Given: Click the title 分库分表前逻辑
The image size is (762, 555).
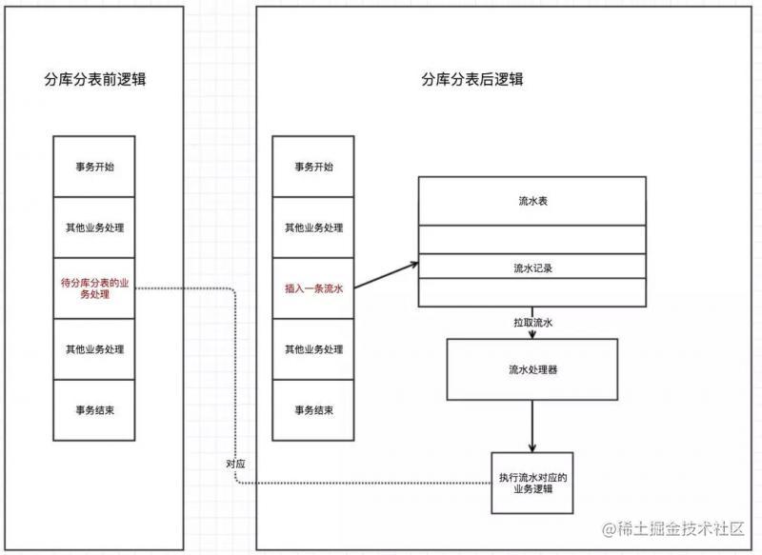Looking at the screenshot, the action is coord(94,79).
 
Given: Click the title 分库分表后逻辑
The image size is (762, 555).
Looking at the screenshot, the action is coord(471,79).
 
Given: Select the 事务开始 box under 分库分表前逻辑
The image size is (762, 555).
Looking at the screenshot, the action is coord(94,167).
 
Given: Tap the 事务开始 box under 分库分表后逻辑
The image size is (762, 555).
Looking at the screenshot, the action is coord(313,167).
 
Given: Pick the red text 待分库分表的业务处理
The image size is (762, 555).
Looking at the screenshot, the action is coord(94,288).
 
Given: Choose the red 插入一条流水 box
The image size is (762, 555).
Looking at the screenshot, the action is coord(313,288).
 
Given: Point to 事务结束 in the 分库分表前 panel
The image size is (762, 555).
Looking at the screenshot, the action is coord(94,410).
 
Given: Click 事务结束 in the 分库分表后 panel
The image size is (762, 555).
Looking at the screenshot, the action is coord(313,410).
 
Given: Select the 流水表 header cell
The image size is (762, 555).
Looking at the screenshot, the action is coord(532,201).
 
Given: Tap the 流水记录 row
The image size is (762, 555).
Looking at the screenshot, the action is coord(532,267).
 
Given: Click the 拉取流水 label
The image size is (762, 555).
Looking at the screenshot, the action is coord(533,323).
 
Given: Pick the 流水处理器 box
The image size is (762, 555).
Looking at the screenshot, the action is coord(532,369).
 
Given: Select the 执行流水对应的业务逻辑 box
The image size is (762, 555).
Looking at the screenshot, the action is coord(532,484).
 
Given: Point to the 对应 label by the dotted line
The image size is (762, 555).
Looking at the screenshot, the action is coord(235,464).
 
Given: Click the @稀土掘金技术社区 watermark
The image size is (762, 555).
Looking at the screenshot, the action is coord(673,528).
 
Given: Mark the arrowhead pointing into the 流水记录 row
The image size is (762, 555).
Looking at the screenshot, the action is coord(414,264).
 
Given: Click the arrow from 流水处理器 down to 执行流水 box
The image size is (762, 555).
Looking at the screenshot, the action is coord(532,426).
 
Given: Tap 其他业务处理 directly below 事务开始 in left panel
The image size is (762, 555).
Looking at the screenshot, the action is coord(94,228).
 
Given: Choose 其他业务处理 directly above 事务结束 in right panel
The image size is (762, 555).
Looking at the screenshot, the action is coord(313,349).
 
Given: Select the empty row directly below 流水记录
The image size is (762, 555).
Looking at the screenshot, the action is coord(532,292).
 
